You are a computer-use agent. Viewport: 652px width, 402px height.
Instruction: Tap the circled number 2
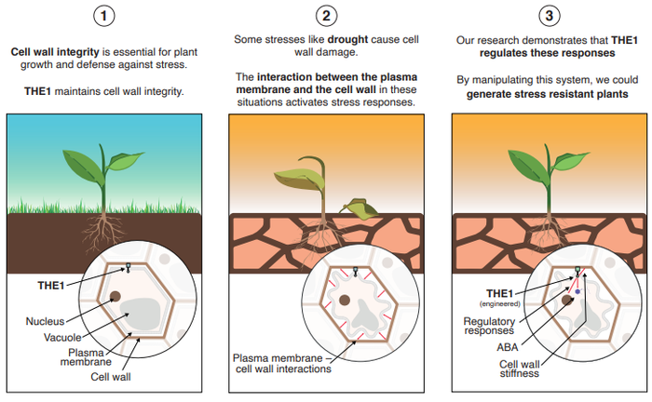tap(325, 16)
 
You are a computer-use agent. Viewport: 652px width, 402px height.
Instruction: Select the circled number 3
tap(546, 16)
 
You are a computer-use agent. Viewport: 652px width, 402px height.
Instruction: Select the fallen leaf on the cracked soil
tap(359, 208)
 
